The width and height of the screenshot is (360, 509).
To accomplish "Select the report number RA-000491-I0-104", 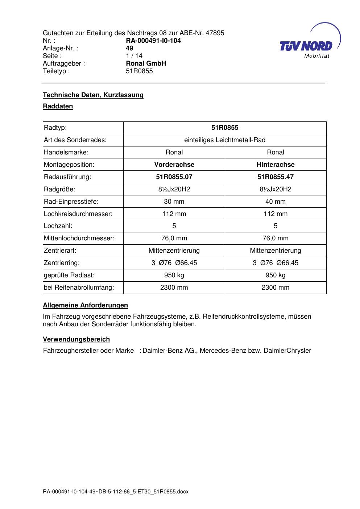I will tap(153, 41).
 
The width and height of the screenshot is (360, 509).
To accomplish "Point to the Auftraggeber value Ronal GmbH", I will tap(146, 63).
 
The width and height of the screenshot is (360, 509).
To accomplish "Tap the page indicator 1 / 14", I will tap(134, 56).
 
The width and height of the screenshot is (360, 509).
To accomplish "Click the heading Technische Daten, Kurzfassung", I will tap(93, 95).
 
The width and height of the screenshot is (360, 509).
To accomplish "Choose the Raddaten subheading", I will tap(58, 106).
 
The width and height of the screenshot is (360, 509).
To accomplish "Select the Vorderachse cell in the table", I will tap(174, 165).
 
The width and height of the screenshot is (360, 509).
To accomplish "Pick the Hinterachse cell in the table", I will tap(276, 165).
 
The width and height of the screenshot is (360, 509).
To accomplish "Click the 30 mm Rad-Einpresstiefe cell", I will tap(174, 202).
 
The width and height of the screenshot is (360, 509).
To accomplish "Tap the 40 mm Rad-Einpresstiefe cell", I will tap(276, 202).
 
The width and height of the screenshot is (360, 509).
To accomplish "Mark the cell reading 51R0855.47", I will tap(276, 177).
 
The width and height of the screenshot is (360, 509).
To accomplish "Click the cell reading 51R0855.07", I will tap(174, 177).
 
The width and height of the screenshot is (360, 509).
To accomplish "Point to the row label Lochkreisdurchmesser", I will tap(78, 214).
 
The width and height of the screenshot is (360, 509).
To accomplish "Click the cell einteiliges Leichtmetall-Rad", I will tap(225, 140).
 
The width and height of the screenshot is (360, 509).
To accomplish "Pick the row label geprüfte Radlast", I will tap(69, 275).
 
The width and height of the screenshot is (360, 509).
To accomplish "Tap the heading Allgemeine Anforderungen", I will tap(85, 305).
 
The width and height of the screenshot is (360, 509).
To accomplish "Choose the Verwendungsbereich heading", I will tap(76, 339).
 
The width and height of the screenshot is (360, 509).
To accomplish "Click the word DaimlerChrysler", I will tap(287, 351).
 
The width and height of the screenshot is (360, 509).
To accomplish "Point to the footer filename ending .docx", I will tap(116, 492).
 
